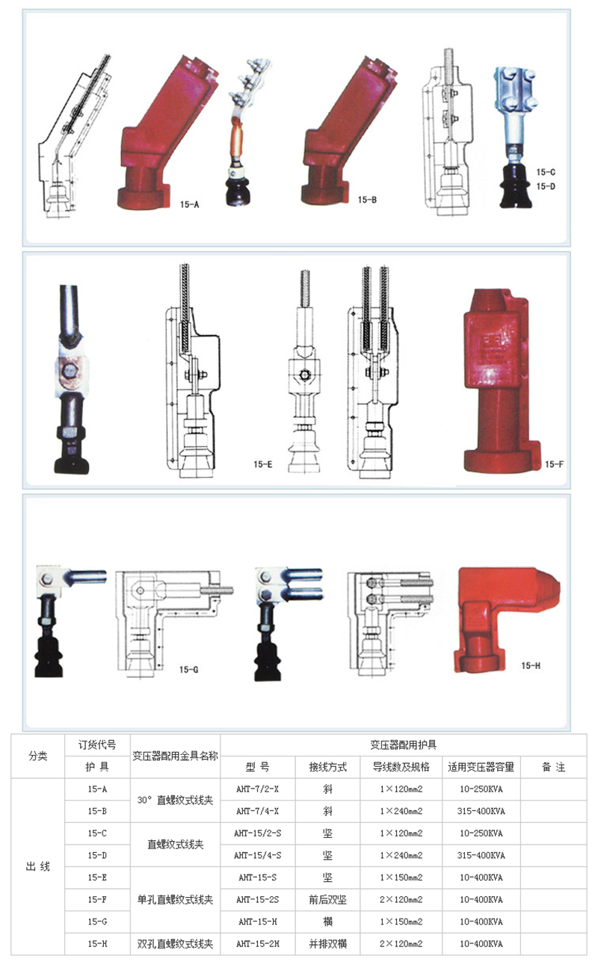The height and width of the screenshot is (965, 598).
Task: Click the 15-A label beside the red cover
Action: pos(190,205)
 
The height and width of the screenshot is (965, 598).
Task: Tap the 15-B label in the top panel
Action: pos(367,200)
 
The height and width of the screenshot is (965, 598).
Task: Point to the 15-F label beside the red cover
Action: pos(554,464)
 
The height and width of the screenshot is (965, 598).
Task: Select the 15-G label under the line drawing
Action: pos(188,670)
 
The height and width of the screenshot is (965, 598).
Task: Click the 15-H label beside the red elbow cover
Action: pos(531,665)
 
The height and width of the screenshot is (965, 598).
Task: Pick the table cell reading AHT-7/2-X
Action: pos(257,789)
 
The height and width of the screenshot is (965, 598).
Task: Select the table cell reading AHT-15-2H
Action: pos(257,944)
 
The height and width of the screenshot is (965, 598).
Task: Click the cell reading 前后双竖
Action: pos(327,899)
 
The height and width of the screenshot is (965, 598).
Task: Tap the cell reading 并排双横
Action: pos(327,944)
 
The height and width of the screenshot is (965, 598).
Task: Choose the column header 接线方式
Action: pos(327,767)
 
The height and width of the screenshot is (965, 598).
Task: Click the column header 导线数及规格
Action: pos(401,767)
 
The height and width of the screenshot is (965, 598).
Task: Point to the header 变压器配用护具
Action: pos(403,744)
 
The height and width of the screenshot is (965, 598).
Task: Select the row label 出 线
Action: pos(38,866)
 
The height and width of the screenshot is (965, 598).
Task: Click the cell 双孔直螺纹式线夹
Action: pos(175,944)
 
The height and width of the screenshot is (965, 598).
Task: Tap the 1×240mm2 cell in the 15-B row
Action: pos(401,811)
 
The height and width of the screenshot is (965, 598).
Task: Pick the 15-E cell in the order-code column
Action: pos(97,878)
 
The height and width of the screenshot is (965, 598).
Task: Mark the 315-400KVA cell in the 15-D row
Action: pos(481,856)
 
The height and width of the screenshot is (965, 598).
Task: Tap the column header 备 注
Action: pos(553,767)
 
